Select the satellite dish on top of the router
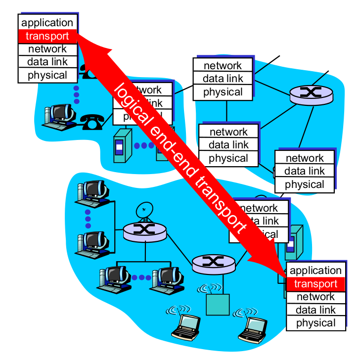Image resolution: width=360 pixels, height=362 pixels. [x=144, y=210]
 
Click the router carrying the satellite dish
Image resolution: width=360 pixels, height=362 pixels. [x=144, y=231]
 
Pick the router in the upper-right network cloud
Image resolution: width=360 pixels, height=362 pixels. [x=310, y=94]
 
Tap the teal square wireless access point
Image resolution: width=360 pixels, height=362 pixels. [x=218, y=304]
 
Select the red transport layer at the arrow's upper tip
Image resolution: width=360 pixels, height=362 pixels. [x=47, y=36]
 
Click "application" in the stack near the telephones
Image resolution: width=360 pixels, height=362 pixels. [x=47, y=23]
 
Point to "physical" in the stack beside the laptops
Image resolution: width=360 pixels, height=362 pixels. [x=315, y=323]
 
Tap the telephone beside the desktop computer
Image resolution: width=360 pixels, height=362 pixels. [x=91, y=121]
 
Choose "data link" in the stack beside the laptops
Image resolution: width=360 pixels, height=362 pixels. [x=315, y=310]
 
